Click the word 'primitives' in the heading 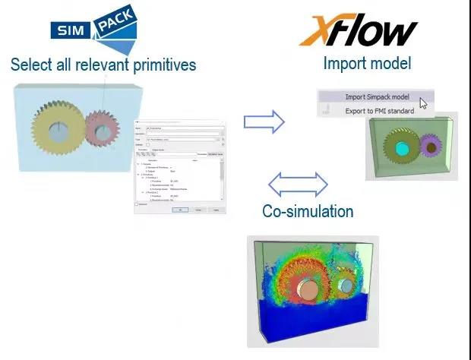pos(154,65)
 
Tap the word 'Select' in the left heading pos(31,65)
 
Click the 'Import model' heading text pos(367,63)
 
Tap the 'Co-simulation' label pos(308,211)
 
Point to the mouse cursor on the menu pos(423,103)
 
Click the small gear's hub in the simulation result pos(345,286)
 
